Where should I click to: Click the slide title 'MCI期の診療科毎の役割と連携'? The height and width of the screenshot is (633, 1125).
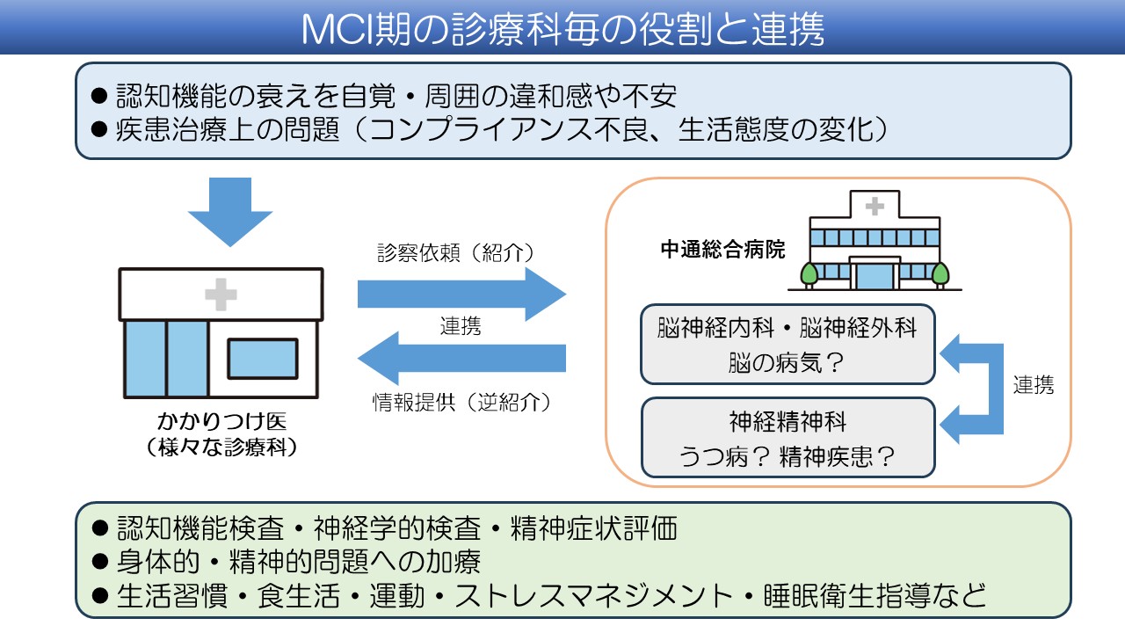click(x=562, y=29)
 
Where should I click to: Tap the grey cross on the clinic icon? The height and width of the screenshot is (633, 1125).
click(x=221, y=295)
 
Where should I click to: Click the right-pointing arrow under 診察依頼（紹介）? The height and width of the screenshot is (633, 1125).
click(x=461, y=294)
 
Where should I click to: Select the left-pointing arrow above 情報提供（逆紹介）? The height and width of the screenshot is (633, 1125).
click(x=461, y=358)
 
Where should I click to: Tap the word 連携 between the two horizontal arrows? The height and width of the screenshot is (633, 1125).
click(x=461, y=326)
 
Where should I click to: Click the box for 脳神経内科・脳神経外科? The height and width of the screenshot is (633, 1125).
click(x=787, y=345)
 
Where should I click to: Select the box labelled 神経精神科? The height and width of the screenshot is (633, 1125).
click(x=787, y=437)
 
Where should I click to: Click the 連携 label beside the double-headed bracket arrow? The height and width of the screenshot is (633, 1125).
click(x=1034, y=384)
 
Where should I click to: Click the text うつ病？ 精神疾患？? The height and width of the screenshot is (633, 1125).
click(x=787, y=456)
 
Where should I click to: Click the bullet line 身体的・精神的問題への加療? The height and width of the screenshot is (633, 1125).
click(x=299, y=562)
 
